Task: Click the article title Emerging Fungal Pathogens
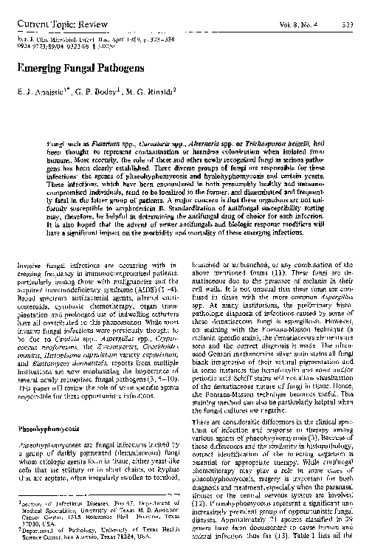(66, 66)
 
